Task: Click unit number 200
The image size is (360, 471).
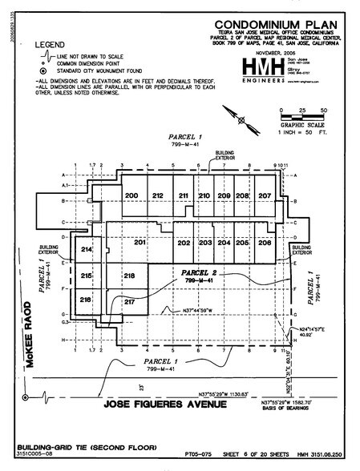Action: pyautogui.click(x=132, y=196)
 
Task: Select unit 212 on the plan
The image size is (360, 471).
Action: pyautogui.click(x=158, y=196)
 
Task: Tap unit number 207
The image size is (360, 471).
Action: pyautogui.click(x=265, y=196)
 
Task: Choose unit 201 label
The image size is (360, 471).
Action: pyautogui.click(x=140, y=242)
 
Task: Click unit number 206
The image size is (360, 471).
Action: pyautogui.click(x=265, y=243)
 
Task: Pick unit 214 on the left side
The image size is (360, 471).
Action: pyautogui.click(x=87, y=251)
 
